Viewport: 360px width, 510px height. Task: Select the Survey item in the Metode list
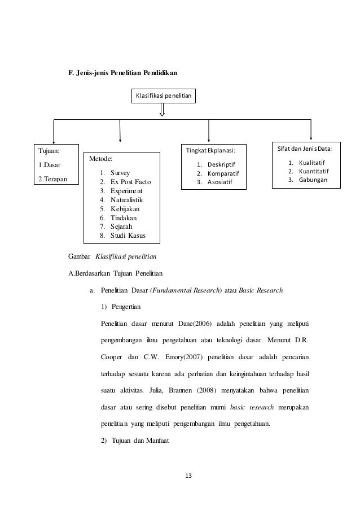click(120, 173)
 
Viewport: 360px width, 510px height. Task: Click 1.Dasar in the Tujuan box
click(50, 165)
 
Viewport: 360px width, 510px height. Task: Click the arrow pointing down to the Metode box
click(120, 131)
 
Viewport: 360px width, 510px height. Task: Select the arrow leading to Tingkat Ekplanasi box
click(209, 131)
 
